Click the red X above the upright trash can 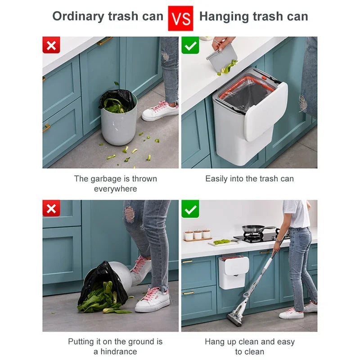pos(51,45)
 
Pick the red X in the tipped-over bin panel pos(51,209)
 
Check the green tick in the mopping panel pos(190,209)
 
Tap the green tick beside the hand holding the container pos(190,45)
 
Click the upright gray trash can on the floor pos(119,124)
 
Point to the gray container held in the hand pos(221,57)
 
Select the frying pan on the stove pos(254,229)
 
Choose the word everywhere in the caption pos(115,189)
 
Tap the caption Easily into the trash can pos(249,179)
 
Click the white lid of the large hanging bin pos(265,110)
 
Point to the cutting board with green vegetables pos(223,243)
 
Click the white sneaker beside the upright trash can pos(160,112)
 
